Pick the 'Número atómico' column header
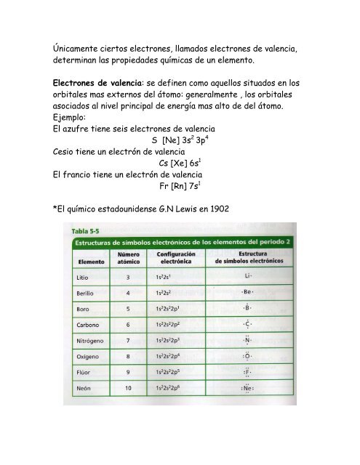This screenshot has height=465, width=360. [129, 258]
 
